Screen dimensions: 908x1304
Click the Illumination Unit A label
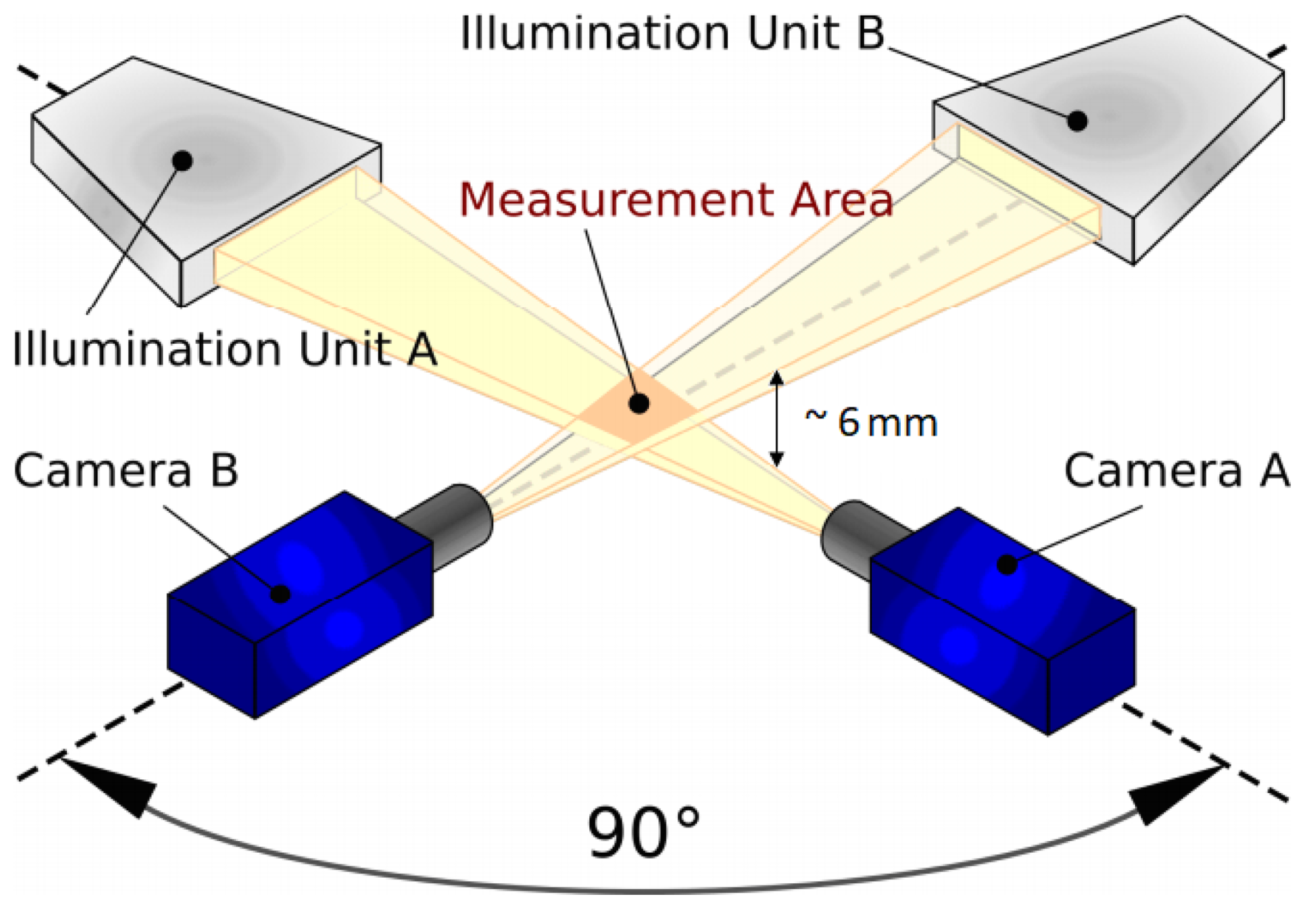coord(225,349)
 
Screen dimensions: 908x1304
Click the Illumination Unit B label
coord(672,32)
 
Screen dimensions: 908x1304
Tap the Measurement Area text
coord(675,200)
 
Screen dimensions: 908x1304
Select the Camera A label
coord(1176,471)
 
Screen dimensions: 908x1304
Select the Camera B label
coord(125,471)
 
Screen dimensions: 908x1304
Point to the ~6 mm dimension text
coord(871,422)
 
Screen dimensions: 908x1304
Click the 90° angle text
coord(643,832)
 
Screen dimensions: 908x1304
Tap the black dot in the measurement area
coord(639,403)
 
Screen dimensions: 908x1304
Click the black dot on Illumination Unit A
coord(183,161)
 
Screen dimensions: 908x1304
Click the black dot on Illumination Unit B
coord(1077,121)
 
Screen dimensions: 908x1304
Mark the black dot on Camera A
coord(1007,565)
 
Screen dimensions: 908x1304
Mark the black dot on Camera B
coord(280,593)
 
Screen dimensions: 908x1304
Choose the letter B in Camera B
coord(223,471)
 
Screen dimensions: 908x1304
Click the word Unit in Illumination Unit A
coord(345,349)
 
